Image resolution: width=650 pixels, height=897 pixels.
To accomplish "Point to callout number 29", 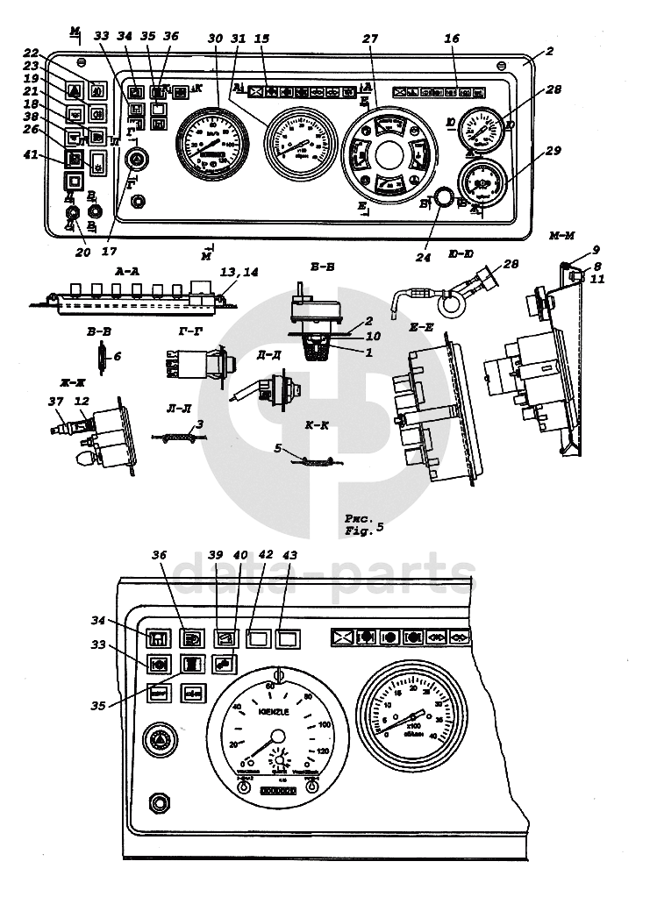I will pyautogui.click(x=551, y=152).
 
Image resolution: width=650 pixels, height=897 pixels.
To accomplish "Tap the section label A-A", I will pyautogui.click(x=129, y=273).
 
